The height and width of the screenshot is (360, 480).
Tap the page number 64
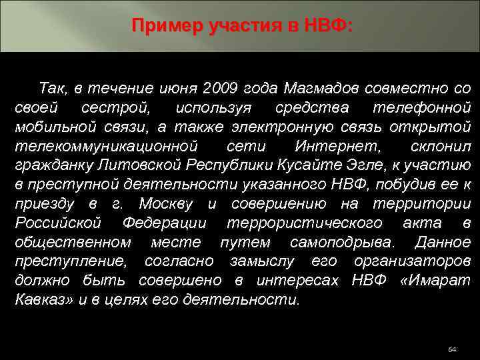coord(453,349)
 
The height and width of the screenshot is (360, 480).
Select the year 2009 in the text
coord(221,88)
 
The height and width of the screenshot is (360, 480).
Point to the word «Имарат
coord(427,279)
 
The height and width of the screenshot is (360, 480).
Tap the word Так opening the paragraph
coord(52,88)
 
